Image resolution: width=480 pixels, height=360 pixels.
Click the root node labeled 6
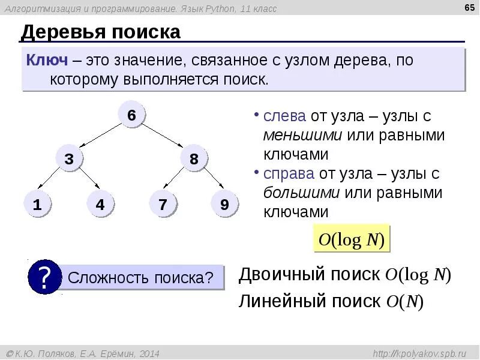[x=131, y=115]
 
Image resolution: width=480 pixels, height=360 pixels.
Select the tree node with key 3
[x=70, y=159]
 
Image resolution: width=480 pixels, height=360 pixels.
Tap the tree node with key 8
[x=193, y=159]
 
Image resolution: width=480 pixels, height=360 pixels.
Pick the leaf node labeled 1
[x=37, y=204]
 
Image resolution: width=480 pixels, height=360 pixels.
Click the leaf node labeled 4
[x=100, y=204]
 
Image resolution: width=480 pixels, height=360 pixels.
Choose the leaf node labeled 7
[x=162, y=204]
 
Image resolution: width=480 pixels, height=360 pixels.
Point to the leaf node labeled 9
[x=224, y=204]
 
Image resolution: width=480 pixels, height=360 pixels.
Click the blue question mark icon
[x=44, y=277]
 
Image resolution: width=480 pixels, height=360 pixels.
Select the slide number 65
[x=469, y=8]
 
